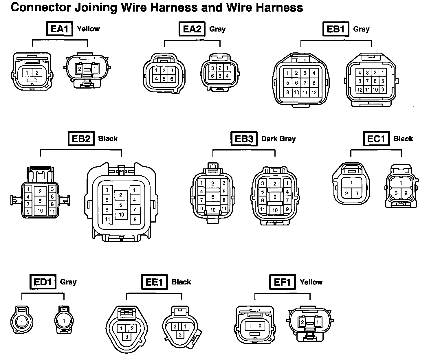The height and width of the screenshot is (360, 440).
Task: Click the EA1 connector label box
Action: point(60,29)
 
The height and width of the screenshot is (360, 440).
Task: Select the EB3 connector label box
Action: point(244,139)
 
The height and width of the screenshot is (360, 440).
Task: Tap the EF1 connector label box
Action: point(282,282)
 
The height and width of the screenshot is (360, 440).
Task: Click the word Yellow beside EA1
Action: point(88,29)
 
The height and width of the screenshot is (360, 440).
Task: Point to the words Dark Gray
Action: point(278,139)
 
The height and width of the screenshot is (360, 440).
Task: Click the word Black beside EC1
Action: point(403,139)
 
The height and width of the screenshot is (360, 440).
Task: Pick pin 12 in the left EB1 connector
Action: point(314,93)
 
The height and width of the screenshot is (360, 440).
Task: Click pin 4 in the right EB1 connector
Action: point(360,73)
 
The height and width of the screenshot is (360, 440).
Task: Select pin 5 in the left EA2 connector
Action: point(164,78)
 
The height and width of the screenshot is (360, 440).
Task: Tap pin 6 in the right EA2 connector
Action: point(212,76)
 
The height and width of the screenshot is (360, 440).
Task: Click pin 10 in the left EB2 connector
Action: point(40,211)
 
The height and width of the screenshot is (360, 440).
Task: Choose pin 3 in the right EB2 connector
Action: point(107,190)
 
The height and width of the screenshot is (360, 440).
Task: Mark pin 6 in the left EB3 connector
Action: point(213,197)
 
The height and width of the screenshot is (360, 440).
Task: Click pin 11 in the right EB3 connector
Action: point(262,209)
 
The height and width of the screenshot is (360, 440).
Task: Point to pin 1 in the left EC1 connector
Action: point(352,183)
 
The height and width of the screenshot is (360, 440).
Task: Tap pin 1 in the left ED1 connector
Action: point(22,321)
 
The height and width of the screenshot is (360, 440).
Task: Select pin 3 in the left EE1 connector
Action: point(127,337)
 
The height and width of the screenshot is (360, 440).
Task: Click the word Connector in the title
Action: point(40,8)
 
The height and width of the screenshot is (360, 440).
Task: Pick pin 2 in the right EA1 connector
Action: point(80,69)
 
